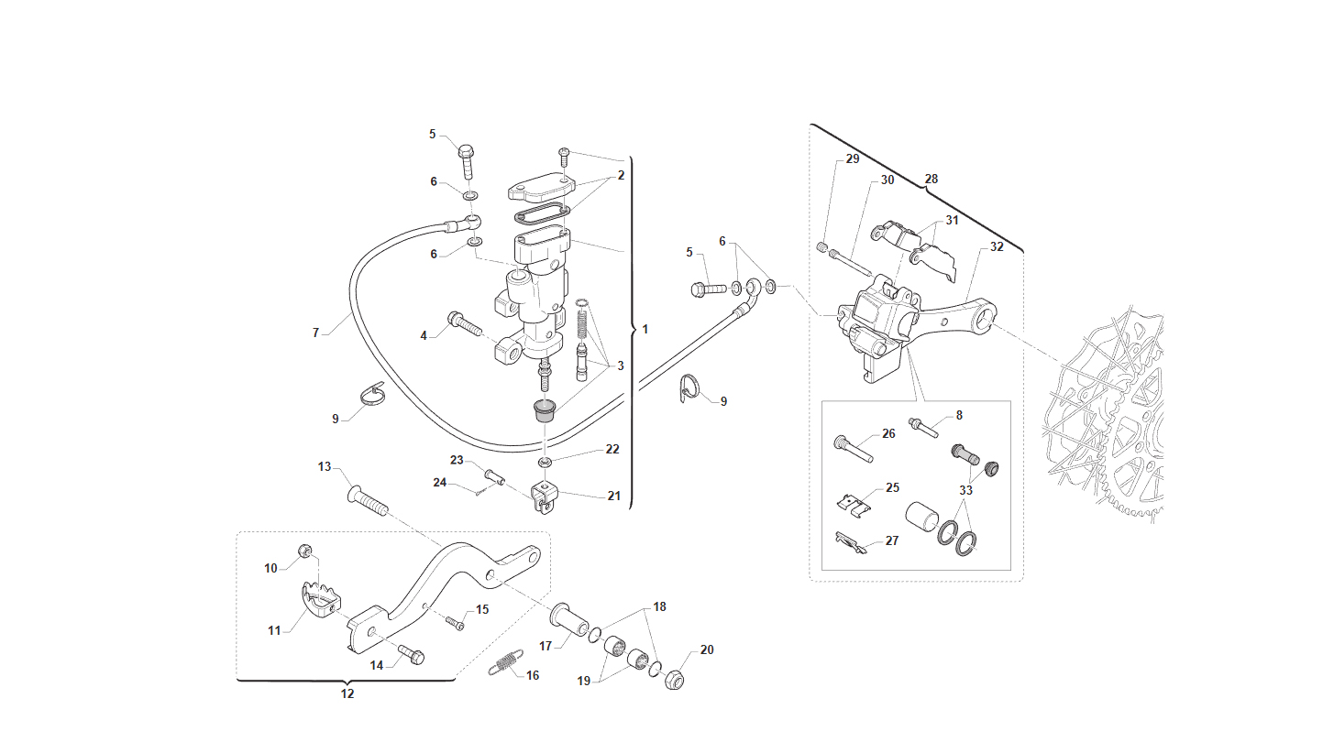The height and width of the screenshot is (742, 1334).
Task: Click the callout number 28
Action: click(931, 179)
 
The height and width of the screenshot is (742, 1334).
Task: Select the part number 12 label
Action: click(347, 693)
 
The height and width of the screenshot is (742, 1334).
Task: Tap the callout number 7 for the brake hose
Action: click(315, 333)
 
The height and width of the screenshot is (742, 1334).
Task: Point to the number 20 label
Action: click(707, 649)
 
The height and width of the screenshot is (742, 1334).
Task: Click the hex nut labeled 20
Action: click(674, 679)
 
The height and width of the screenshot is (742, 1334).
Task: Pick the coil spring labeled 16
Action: click(506, 662)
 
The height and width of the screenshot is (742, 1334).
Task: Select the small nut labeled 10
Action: click(304, 551)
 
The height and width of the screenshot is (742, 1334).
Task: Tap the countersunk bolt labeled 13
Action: click(368, 501)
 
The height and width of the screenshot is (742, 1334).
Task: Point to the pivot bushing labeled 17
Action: click(568, 619)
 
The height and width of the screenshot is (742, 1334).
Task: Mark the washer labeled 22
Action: click(545, 463)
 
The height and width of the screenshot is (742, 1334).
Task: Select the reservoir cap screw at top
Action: click(564, 157)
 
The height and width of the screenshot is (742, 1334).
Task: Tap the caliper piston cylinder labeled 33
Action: click(922, 517)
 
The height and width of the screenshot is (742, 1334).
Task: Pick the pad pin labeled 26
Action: click(854, 449)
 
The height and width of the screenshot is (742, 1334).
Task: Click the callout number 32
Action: click(997, 246)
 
